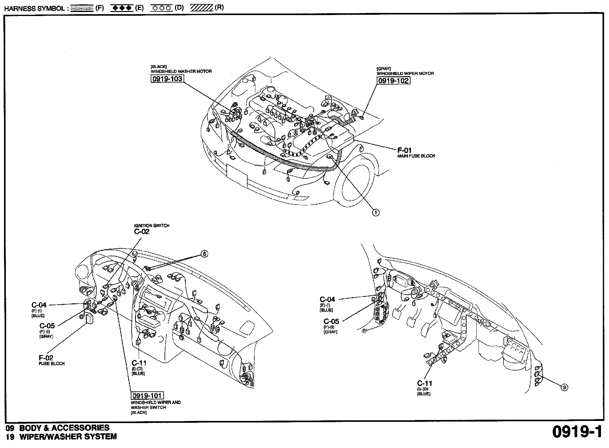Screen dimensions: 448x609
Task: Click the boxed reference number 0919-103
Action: coord(167,79)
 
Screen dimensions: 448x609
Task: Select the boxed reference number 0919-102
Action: coord(393,81)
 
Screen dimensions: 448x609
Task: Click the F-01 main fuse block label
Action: coord(404,150)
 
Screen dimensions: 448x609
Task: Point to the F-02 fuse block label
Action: coord(46,358)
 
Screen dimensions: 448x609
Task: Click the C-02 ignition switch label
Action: coord(142,232)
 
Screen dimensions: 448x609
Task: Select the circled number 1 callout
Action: coord(375,212)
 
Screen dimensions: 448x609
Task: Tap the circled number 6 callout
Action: coord(204,254)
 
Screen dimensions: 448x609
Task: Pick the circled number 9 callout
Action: coord(564,388)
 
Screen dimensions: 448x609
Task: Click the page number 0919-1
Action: coord(577,432)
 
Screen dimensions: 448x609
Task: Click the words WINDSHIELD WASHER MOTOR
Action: coord(181,71)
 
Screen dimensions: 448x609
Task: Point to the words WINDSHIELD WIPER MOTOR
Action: coord(405,74)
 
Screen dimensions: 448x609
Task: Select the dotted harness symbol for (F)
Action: coord(82,8)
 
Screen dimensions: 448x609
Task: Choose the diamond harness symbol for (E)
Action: coord(122,8)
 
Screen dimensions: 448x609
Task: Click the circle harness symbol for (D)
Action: coord(161,8)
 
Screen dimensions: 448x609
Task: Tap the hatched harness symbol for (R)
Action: coord(201,8)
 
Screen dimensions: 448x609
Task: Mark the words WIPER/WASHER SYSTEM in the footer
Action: coord(68,437)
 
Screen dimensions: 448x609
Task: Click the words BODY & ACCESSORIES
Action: coord(64,428)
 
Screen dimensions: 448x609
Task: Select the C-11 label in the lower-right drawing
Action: coord(424,383)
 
